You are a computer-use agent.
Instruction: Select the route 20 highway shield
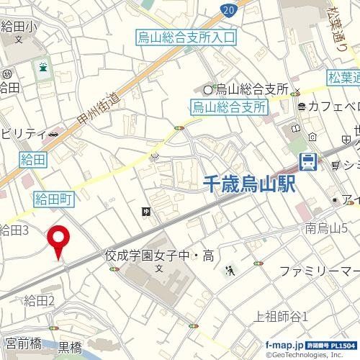[x=228, y=9]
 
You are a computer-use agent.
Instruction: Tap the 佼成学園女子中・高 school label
[x=159, y=255]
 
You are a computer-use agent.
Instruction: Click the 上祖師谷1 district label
[x=282, y=315]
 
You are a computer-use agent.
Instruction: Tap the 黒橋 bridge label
[x=70, y=347]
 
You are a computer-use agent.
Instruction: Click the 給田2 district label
[x=39, y=300]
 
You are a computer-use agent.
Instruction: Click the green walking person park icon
[x=230, y=271]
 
